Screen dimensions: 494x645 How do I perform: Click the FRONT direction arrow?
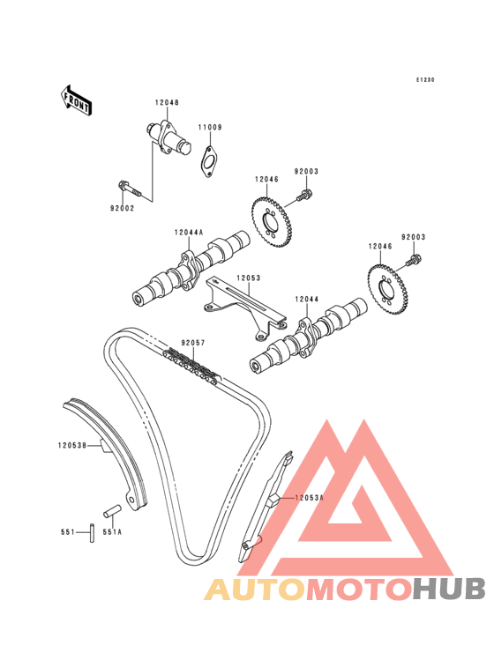[x=76, y=100]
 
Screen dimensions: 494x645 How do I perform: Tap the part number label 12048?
[x=167, y=102]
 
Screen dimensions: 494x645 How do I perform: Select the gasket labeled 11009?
[x=209, y=161]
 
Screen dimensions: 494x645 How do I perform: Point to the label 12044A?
[x=189, y=233]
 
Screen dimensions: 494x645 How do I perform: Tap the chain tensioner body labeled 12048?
[x=168, y=138]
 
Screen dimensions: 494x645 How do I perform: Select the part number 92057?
[x=192, y=343]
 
